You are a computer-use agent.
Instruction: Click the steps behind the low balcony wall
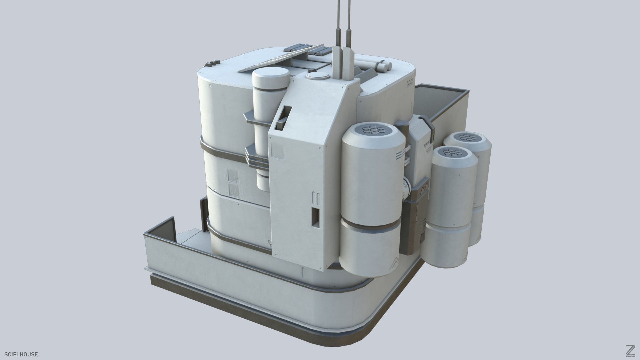tap(190, 235)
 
